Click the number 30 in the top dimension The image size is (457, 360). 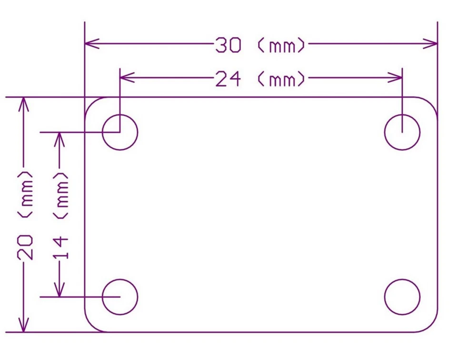[228, 45]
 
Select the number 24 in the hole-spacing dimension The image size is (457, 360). [228, 79]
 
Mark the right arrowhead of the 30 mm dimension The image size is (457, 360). [430, 44]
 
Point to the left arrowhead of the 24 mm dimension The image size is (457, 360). [127, 78]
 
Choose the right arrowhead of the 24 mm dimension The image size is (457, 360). [395, 78]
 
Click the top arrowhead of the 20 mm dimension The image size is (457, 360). [24, 104]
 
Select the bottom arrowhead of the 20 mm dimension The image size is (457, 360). [24, 325]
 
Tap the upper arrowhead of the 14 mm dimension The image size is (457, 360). [60, 140]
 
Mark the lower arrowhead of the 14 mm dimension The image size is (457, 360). [60, 290]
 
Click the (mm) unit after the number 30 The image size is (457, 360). [281, 45]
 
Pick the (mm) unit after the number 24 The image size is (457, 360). [281, 79]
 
